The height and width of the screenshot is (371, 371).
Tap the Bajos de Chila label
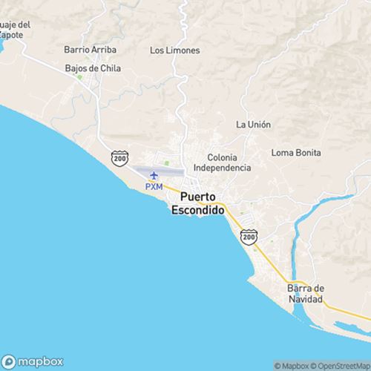point(93,68)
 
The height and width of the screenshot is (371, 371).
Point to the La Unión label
point(253,125)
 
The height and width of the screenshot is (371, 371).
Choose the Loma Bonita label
point(296,153)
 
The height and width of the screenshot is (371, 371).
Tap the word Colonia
point(223,157)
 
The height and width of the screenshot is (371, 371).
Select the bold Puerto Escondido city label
point(197,204)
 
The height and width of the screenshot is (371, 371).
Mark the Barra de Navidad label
point(306,293)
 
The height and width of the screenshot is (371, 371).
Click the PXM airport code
point(154,187)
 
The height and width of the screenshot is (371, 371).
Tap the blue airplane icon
point(154,176)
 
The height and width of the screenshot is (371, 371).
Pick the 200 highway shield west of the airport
point(119,158)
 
